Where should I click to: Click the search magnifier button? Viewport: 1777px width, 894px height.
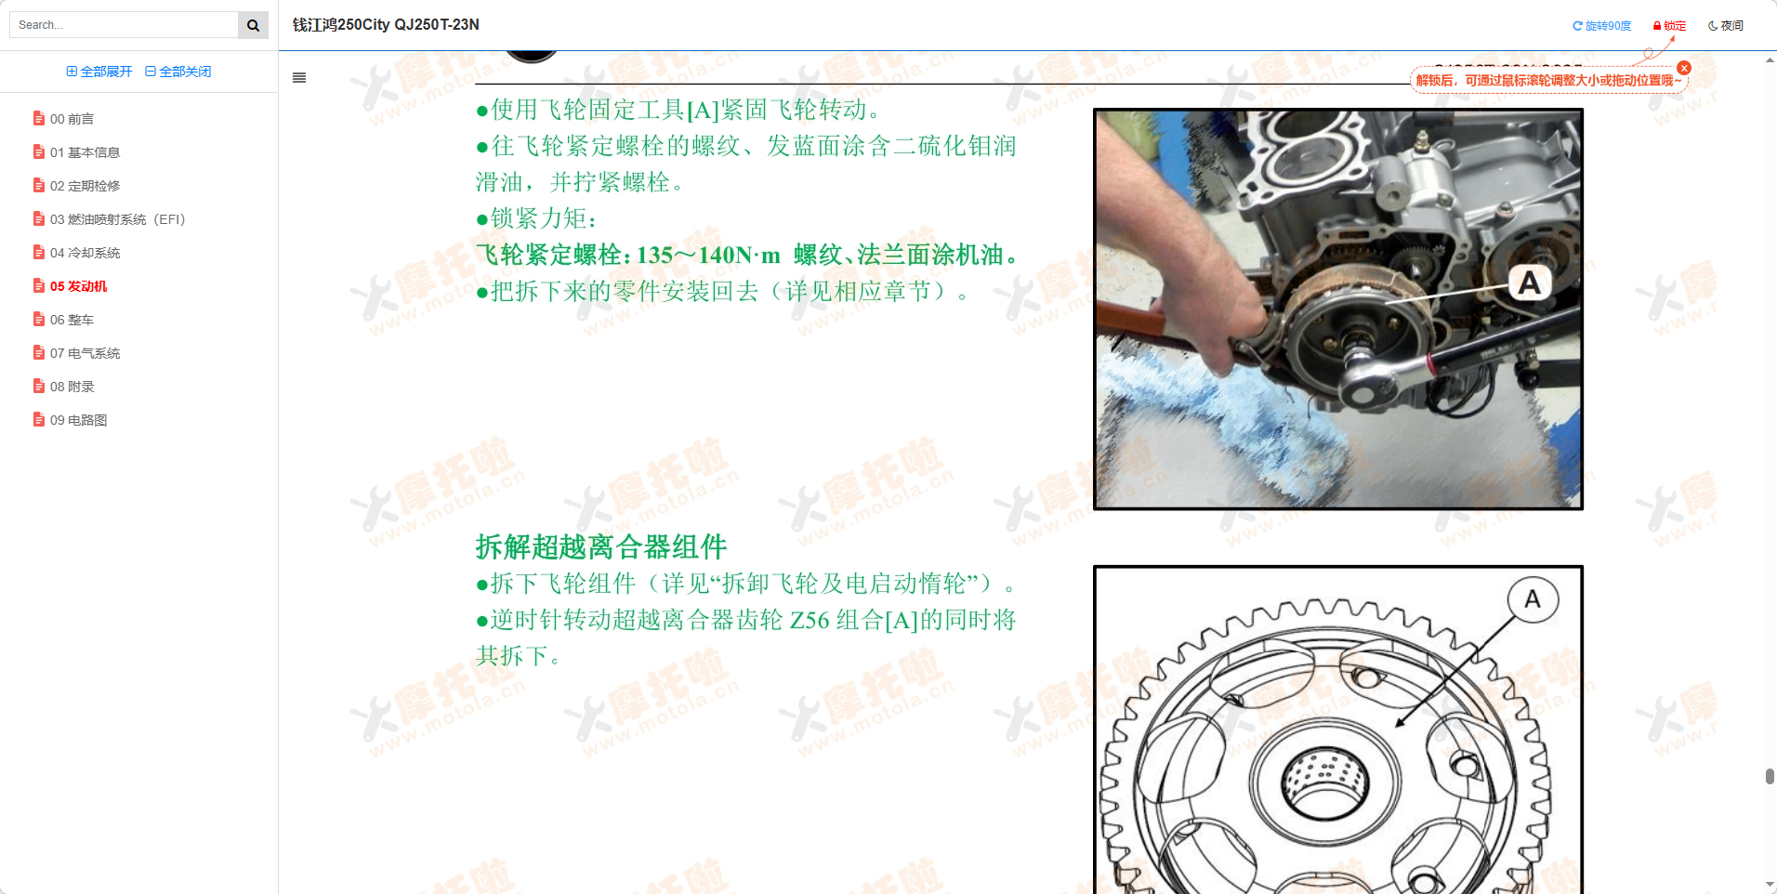(253, 25)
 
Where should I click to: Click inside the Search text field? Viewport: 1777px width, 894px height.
(124, 25)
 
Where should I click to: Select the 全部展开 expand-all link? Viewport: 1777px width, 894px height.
(99, 72)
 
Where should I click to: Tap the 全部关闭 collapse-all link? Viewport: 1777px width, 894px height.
(178, 72)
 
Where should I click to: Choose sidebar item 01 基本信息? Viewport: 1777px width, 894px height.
(76, 152)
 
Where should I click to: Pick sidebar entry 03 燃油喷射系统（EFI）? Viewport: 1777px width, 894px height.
(110, 219)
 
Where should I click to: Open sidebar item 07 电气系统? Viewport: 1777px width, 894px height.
(76, 353)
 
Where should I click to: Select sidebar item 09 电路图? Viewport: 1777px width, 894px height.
(70, 420)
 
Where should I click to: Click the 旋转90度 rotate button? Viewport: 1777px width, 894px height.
(1601, 26)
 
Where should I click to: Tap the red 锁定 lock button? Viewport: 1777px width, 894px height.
(1669, 26)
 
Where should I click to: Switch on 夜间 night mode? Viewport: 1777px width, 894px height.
(1726, 26)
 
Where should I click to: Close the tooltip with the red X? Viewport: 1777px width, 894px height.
(1684, 68)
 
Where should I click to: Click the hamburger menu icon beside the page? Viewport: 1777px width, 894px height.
(299, 78)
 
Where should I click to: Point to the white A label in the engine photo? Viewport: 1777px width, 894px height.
(1530, 283)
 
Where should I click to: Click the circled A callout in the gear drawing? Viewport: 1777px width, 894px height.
(1533, 599)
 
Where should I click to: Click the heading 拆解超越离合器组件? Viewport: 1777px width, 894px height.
(601, 546)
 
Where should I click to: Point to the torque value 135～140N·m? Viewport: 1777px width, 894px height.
(709, 255)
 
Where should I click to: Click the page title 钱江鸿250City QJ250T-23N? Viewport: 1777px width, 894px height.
(386, 25)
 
